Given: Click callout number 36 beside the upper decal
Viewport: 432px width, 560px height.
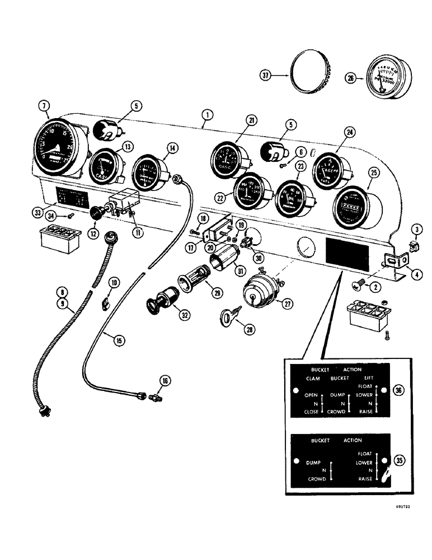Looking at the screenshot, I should click(x=397, y=390).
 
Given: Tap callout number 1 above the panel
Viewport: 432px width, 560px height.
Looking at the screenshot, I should click(x=207, y=115).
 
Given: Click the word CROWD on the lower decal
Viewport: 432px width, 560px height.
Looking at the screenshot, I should click(x=317, y=480).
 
